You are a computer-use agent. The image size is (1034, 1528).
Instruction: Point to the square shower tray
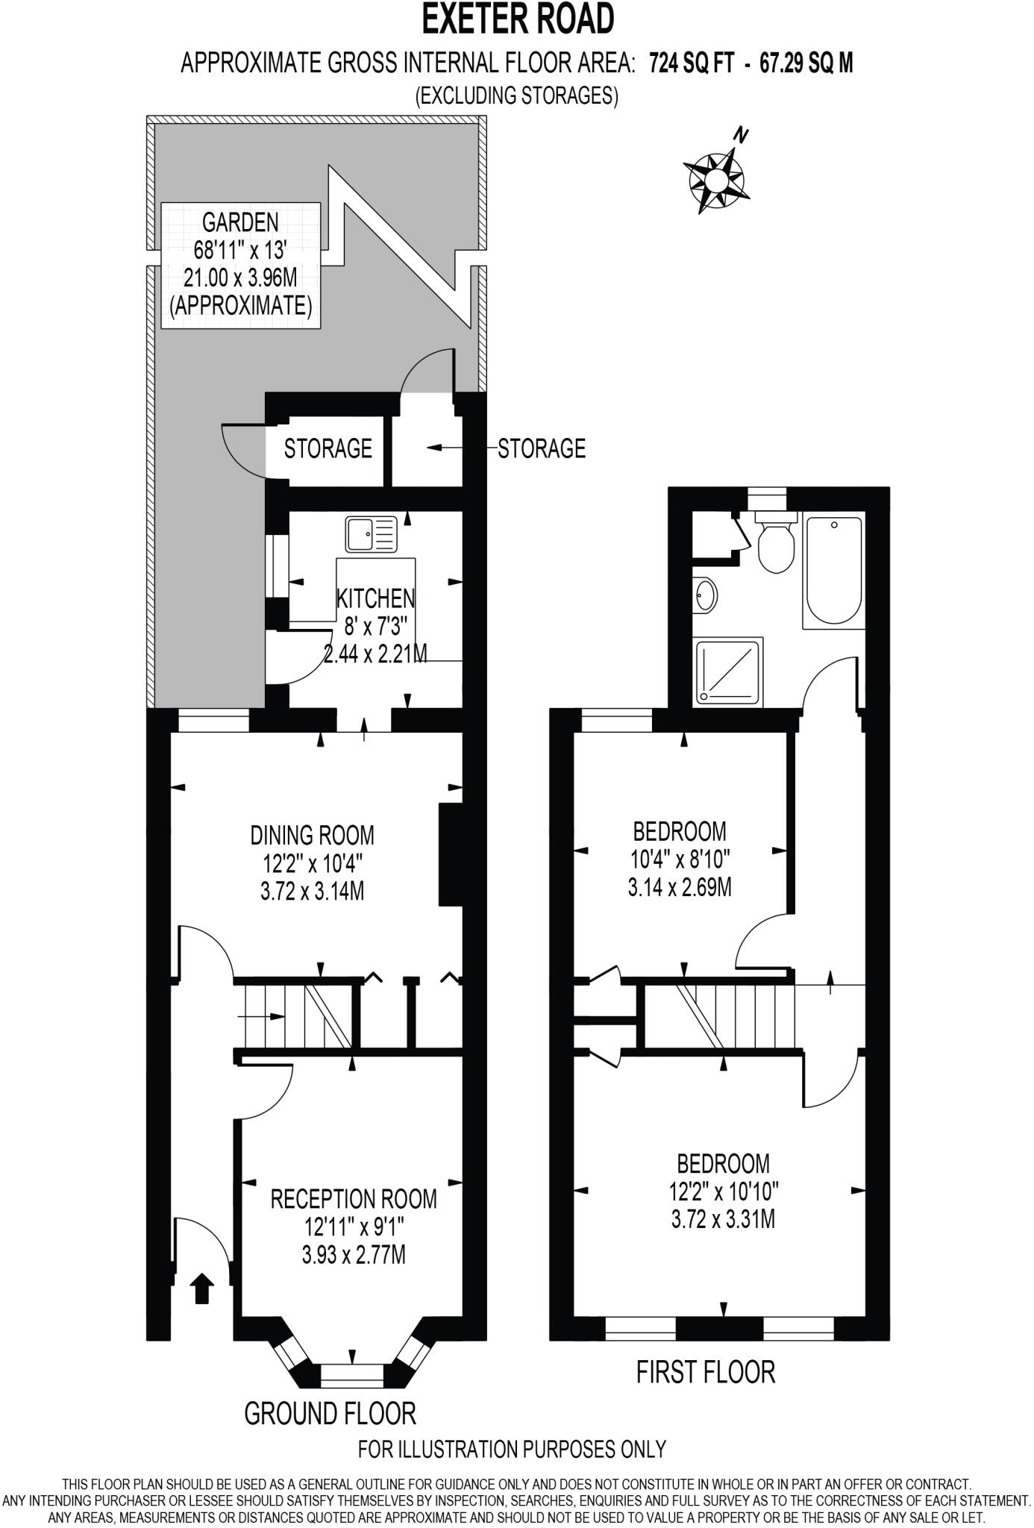click(x=729, y=671)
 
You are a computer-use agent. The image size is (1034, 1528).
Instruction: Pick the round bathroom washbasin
click(x=704, y=595)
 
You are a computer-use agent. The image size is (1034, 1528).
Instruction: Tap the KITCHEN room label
click(x=376, y=598)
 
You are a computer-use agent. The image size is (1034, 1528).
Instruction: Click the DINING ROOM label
click(x=312, y=834)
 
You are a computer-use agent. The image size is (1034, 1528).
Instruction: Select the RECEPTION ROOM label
click(x=354, y=1200)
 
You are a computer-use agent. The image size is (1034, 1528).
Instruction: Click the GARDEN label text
click(x=240, y=222)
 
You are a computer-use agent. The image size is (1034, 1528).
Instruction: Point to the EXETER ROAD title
click(x=518, y=19)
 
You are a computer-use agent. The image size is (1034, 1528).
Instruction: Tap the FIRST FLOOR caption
click(x=706, y=1372)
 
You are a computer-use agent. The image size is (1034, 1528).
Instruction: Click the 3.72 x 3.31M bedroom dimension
click(x=723, y=1220)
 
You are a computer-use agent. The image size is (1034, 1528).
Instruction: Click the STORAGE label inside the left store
click(x=328, y=448)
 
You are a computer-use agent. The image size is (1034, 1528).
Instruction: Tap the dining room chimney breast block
click(x=451, y=854)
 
